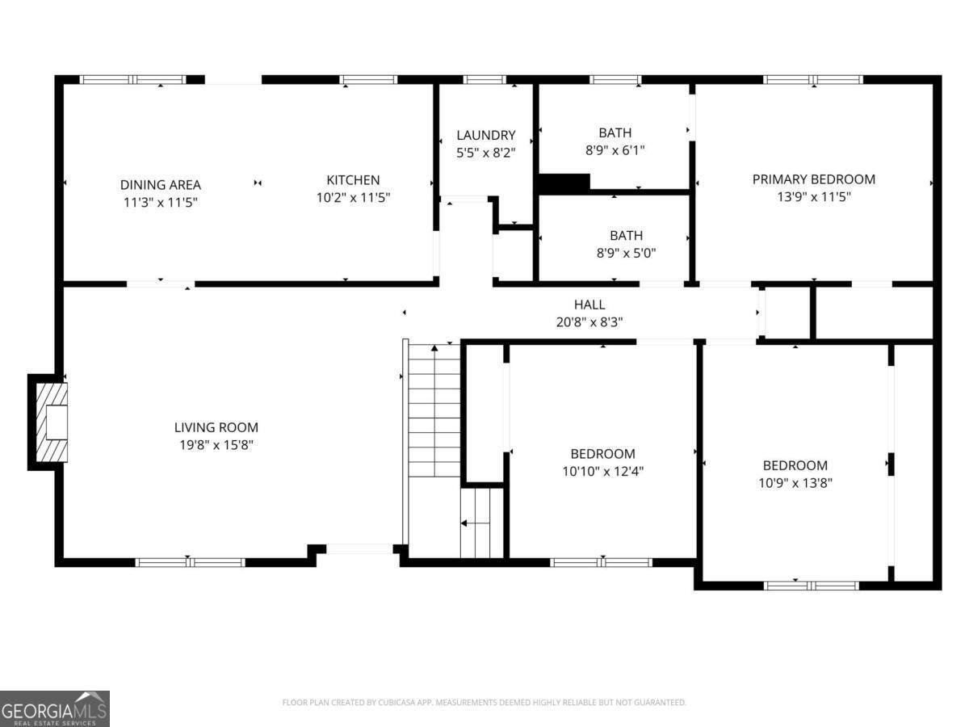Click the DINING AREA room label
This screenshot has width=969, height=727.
point(160,185)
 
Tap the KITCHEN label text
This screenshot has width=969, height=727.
point(353,180)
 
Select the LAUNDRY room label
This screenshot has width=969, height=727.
point(485,135)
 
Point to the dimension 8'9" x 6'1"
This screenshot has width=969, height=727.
point(615,149)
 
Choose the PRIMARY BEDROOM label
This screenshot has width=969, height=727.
point(813,179)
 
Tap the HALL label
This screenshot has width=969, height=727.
point(589,305)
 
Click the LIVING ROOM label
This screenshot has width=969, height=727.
point(216,427)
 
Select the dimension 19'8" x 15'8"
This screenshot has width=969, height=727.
point(216,444)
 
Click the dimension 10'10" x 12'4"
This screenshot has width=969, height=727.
point(602,470)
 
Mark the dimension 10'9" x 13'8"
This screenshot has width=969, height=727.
point(795,482)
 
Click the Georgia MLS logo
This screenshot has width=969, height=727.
point(54,708)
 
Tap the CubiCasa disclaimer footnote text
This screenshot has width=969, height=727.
point(484,703)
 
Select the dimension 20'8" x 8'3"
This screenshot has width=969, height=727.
point(589,321)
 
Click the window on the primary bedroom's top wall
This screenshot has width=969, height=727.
point(812,80)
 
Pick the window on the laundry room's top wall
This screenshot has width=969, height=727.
point(484,80)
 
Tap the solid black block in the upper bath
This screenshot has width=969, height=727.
point(564,184)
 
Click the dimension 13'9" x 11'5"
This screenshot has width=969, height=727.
point(813,196)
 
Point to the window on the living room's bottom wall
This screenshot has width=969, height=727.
point(190,562)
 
